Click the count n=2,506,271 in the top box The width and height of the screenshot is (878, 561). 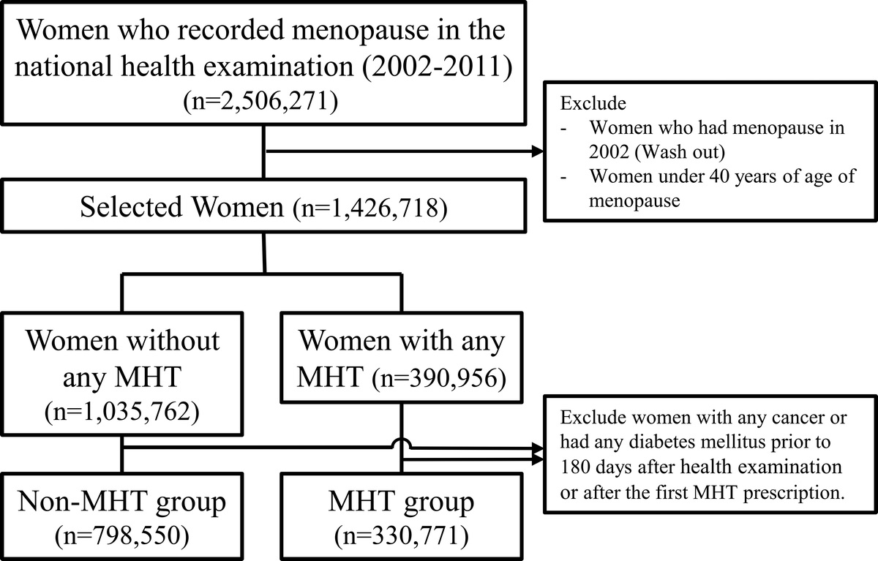pyautogui.click(x=263, y=101)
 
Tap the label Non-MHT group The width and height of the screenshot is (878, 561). pyautogui.click(x=122, y=502)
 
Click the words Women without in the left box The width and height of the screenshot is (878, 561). pyautogui.click(x=122, y=341)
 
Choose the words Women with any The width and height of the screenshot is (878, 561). pyautogui.click(x=401, y=341)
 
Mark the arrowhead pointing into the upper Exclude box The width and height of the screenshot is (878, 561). pyautogui.click(x=541, y=152)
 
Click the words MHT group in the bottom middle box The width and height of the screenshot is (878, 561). pyautogui.click(x=400, y=502)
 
